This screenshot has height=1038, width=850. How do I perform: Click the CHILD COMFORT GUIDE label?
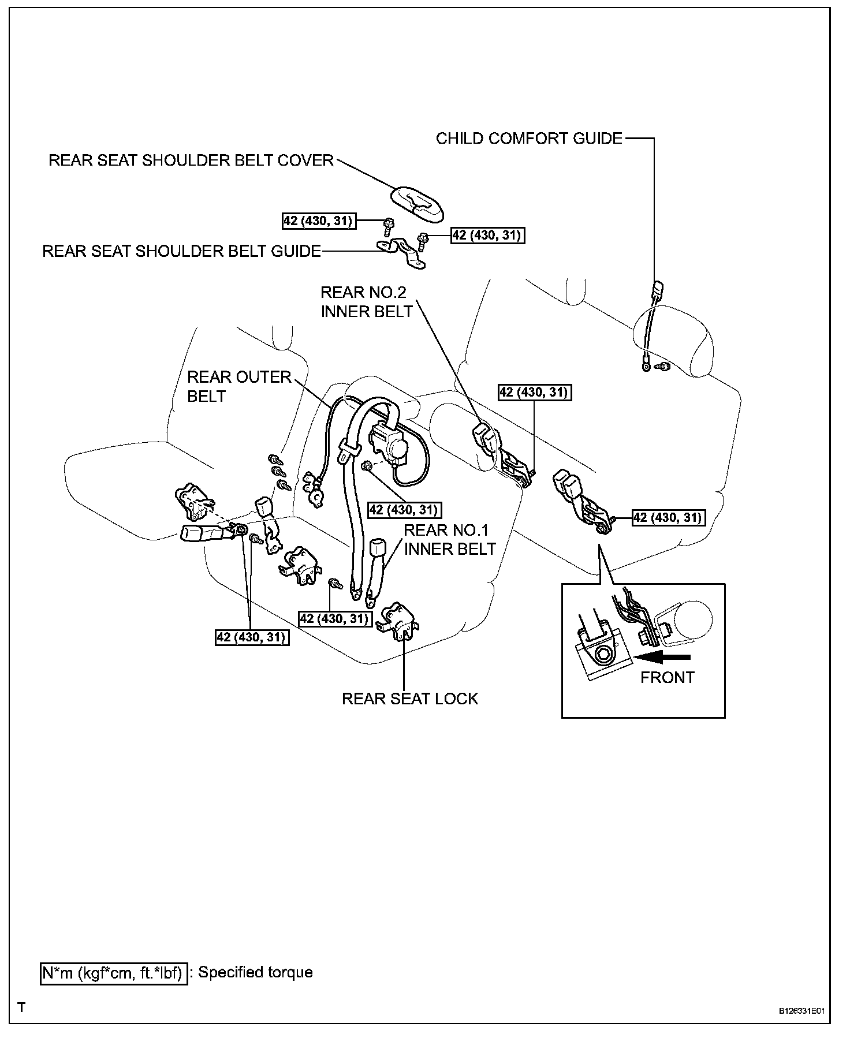[529, 139]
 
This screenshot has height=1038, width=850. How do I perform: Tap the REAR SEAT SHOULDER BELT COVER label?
[191, 160]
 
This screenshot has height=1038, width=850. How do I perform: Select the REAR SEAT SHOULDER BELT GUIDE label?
[181, 251]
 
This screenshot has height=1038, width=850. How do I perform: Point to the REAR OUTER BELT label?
[239, 386]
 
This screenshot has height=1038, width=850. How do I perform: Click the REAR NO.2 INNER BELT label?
[366, 301]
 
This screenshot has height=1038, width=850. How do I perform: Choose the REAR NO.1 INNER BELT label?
[449, 539]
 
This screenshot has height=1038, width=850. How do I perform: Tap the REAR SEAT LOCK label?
[410, 699]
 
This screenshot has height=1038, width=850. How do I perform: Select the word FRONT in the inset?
[667, 677]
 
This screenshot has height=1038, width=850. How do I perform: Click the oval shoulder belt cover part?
[417, 203]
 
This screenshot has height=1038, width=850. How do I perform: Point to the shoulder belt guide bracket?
[402, 253]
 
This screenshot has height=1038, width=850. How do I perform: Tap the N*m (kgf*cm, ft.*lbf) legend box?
[113, 973]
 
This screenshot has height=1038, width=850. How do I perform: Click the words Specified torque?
[255, 972]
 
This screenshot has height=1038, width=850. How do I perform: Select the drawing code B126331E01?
[801, 1011]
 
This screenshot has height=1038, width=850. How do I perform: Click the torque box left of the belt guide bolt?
[318, 221]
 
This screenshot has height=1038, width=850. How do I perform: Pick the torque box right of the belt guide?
[488, 236]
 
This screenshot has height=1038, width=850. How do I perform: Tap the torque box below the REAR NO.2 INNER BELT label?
[534, 393]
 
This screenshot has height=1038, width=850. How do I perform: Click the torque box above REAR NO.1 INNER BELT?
[405, 510]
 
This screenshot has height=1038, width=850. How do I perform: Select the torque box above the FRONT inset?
[668, 517]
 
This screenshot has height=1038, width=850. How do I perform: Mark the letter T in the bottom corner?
[21, 1007]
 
